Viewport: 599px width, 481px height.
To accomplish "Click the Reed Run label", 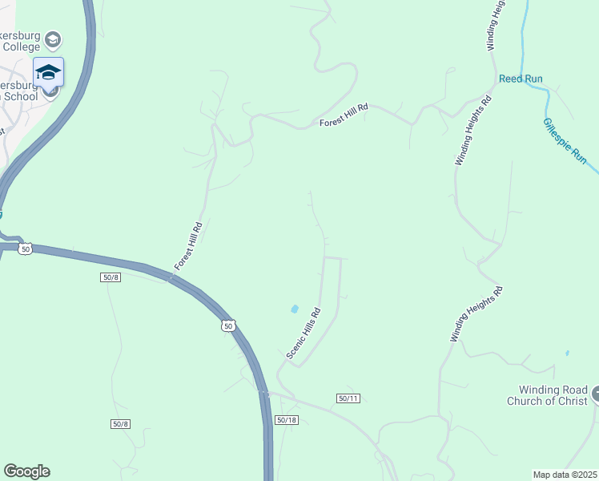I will tap(521, 79).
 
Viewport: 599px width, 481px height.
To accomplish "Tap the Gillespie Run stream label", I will tap(565, 142).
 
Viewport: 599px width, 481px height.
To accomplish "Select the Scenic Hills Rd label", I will tap(304, 333).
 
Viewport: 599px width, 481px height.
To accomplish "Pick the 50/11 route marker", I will tap(348, 398).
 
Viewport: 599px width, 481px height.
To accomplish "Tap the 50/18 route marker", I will tap(286, 420).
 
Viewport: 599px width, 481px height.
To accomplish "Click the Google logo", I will tap(26, 471).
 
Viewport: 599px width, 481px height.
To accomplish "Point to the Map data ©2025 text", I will tap(565, 475).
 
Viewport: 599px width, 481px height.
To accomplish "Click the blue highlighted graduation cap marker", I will tap(48, 72).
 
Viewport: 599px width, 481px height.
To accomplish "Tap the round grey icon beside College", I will tap(53, 39).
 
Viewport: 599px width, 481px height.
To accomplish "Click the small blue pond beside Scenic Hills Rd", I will tap(295, 309).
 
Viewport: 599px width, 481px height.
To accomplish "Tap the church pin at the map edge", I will tap(595, 395).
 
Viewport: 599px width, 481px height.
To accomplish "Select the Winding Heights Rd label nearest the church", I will tap(476, 314).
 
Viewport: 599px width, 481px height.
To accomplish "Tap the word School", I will tap(18, 96).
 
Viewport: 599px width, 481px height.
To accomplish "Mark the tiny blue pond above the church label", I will tap(567, 353).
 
